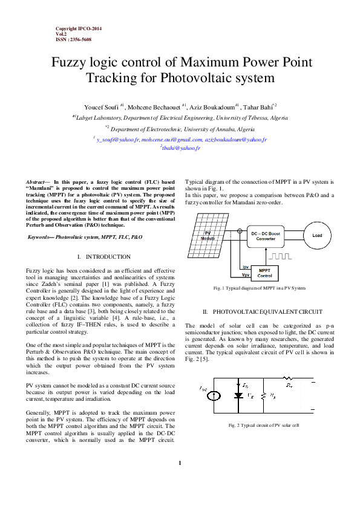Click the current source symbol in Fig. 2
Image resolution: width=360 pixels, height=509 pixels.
coord(213,396)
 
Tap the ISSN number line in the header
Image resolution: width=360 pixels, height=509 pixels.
coord(74,39)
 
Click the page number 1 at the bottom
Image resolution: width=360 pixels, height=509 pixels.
coord(180,463)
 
